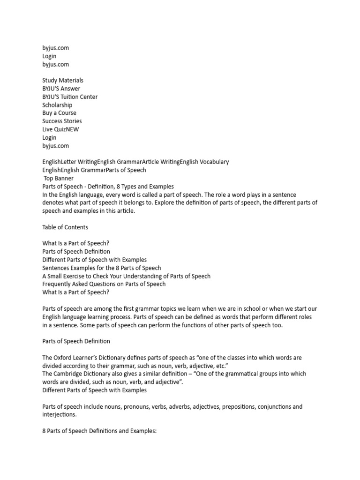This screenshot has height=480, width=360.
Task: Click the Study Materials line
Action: pos(63,81)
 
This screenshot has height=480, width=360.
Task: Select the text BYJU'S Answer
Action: pos(61,89)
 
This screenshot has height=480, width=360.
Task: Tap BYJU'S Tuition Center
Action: pos(70,97)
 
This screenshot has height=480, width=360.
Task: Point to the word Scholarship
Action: pos(57,105)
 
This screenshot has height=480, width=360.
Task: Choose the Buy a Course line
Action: pos(59,113)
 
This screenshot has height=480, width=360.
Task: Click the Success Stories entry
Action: pos(62,121)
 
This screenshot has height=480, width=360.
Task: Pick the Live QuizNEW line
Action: pos(60,129)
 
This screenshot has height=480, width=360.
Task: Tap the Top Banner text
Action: pos(58,178)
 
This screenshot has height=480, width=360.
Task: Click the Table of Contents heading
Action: pos(65,227)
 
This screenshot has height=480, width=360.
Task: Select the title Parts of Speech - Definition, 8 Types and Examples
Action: pos(108,186)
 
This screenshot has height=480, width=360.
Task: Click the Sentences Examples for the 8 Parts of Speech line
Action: pos(102,268)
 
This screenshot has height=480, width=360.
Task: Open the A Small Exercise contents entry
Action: pos(127,276)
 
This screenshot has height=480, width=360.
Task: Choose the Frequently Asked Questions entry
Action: pos(104,284)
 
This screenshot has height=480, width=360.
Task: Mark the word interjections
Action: pos(60,414)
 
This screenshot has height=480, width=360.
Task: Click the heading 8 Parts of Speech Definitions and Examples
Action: pos(98,430)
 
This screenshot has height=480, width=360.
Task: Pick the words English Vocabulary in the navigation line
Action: pos(204,162)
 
